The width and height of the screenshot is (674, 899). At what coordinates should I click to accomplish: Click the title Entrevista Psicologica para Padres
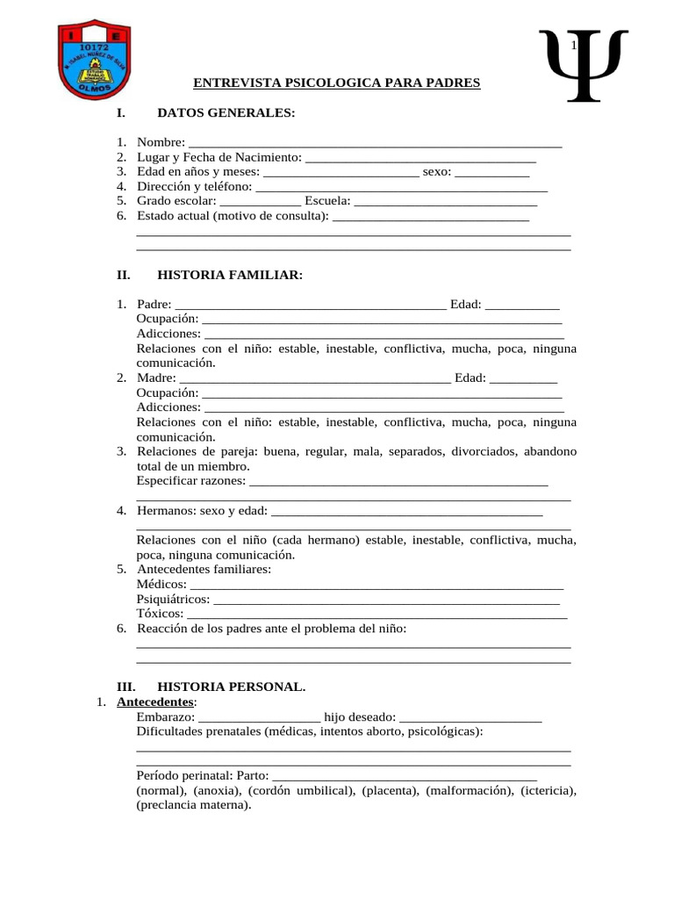(x=337, y=83)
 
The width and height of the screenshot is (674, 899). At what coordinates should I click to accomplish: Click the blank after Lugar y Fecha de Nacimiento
(x=419, y=159)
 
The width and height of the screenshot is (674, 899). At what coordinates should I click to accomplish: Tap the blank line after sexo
(x=491, y=174)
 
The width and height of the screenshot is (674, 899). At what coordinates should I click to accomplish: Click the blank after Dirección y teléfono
(x=401, y=189)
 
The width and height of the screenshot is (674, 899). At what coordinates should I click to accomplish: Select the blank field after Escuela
(x=446, y=203)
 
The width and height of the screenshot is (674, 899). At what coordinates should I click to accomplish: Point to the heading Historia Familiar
(x=229, y=276)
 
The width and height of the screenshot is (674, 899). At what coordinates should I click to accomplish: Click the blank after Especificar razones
(x=399, y=484)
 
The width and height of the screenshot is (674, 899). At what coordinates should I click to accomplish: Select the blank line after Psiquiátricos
(x=386, y=601)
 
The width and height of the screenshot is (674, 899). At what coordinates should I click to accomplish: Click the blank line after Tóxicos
(x=377, y=615)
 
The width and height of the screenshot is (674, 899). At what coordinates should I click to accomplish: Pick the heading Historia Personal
(x=232, y=686)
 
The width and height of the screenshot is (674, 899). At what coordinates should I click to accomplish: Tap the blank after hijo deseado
(x=470, y=719)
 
